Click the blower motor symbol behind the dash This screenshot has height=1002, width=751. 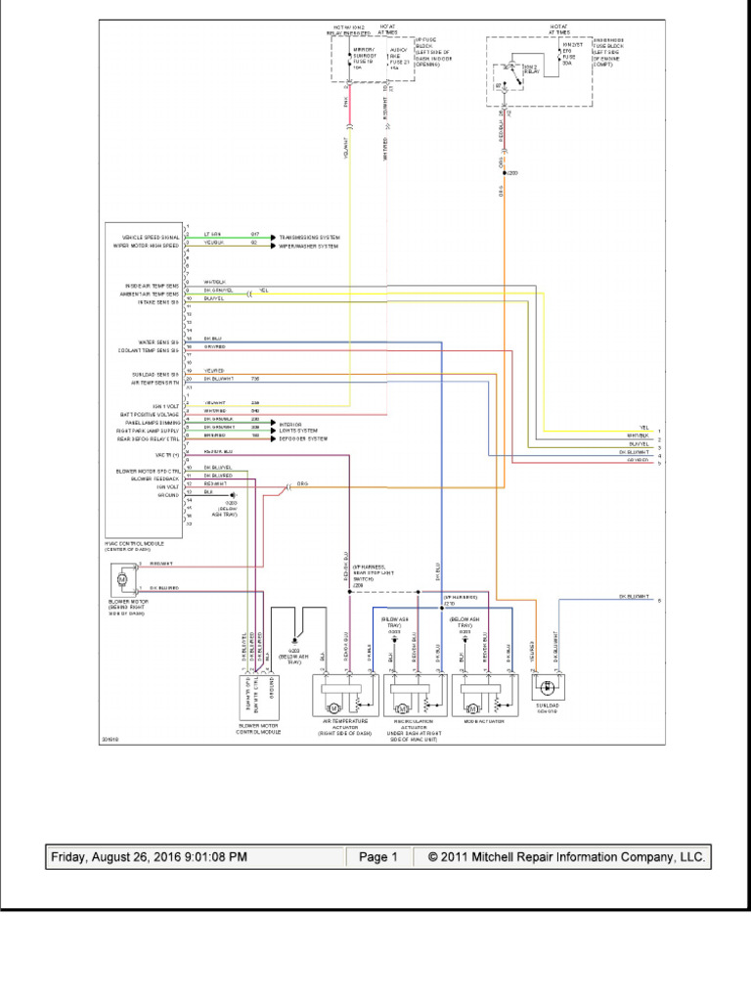click(x=122, y=580)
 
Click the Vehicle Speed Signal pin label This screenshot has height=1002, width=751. click(x=151, y=237)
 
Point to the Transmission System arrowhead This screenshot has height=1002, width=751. click(x=274, y=237)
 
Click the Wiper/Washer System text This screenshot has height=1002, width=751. click(x=309, y=246)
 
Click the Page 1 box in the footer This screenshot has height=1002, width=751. click(x=378, y=857)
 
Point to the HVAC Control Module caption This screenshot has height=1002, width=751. click(x=134, y=545)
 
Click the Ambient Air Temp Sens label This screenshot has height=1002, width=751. click(x=151, y=294)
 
